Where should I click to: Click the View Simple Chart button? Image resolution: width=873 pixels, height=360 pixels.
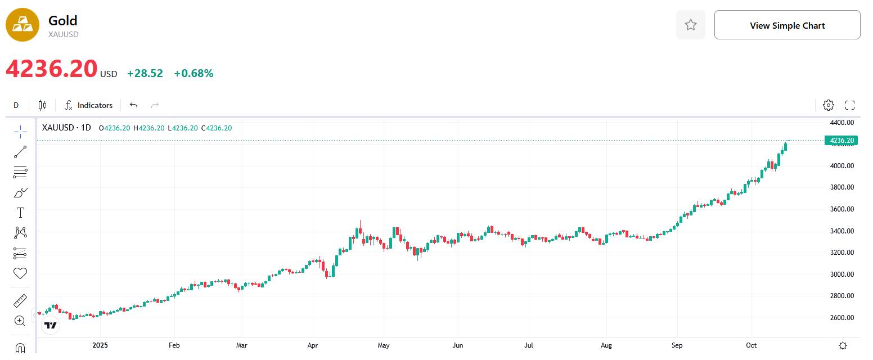point(787,25)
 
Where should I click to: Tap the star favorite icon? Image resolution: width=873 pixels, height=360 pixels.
point(691,25)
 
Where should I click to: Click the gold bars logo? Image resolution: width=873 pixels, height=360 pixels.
point(22,25)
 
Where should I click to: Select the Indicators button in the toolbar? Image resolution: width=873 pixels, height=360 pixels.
point(88,105)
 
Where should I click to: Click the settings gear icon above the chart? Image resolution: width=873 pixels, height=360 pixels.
point(828,105)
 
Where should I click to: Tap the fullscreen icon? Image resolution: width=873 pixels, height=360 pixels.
point(850,105)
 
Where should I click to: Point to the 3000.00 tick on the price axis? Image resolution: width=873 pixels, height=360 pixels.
point(842,274)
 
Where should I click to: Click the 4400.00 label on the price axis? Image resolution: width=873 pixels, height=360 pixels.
point(842,122)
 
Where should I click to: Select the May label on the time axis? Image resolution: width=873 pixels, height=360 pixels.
point(384,345)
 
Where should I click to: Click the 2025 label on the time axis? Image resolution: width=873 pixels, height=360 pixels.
point(100,345)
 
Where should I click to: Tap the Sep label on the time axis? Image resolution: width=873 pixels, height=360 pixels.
point(677,345)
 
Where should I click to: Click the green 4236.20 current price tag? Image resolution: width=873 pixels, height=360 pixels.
point(841,141)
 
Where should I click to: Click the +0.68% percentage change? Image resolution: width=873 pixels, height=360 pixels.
point(193,74)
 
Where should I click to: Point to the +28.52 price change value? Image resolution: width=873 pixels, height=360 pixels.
point(145,74)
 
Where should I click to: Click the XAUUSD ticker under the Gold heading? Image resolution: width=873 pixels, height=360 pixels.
point(63,34)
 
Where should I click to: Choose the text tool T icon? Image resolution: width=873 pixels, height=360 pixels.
point(20,213)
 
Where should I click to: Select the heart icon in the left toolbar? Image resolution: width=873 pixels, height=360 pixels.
point(20,273)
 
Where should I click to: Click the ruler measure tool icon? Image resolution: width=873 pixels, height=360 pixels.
point(20,301)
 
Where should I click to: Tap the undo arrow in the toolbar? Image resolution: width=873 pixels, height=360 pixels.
point(133,105)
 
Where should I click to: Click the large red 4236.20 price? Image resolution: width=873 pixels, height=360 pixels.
point(52,69)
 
